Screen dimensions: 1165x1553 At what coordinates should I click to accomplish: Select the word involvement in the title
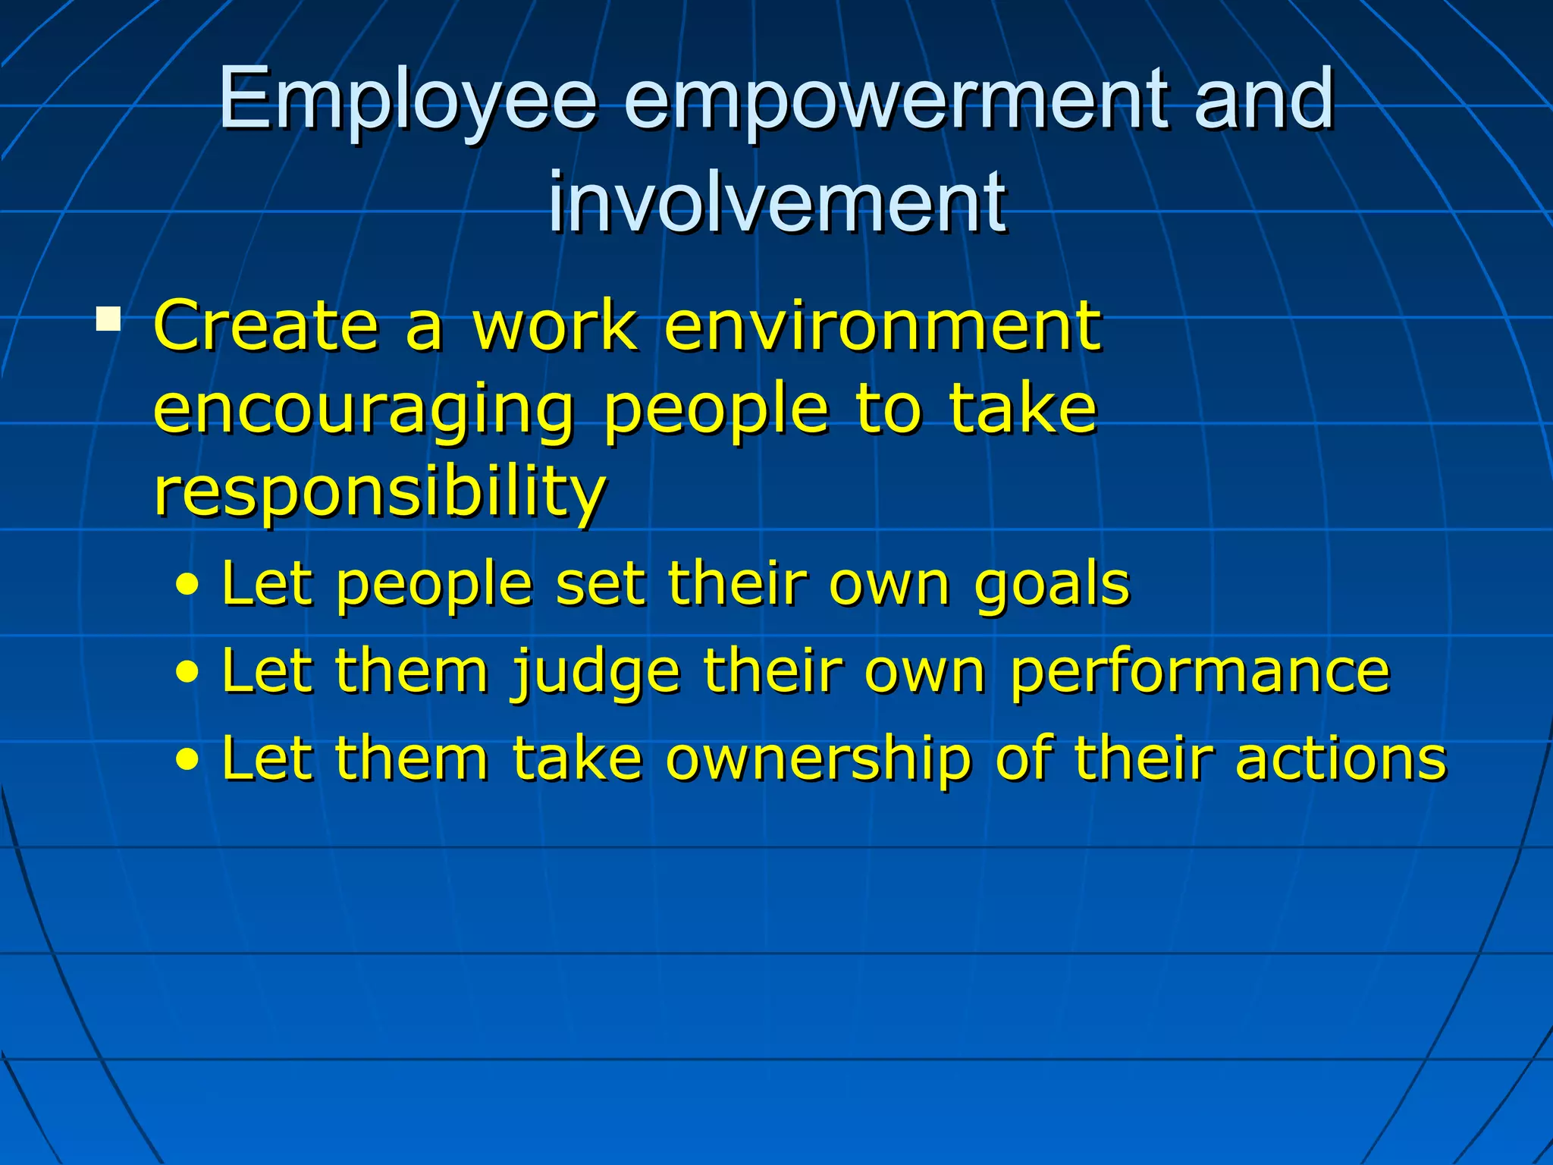click(x=777, y=202)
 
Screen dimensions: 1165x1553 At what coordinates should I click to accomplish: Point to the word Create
click(x=266, y=325)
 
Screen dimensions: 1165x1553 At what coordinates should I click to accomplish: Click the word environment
click(x=882, y=325)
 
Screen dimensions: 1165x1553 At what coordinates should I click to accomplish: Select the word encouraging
click(x=364, y=410)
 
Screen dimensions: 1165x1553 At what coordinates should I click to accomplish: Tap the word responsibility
click(x=379, y=491)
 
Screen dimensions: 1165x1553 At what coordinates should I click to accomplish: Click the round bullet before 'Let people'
click(x=187, y=586)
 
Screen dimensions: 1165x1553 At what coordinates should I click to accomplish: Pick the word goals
click(x=1052, y=585)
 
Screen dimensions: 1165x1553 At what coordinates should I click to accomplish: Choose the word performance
click(x=1200, y=672)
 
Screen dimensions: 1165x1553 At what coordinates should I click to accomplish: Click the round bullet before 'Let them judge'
click(x=187, y=673)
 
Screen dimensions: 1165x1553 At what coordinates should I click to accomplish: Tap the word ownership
click(x=819, y=758)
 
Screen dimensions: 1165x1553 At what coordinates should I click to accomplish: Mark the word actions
click(x=1341, y=758)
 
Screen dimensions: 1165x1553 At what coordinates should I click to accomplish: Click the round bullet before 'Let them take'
click(x=187, y=759)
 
